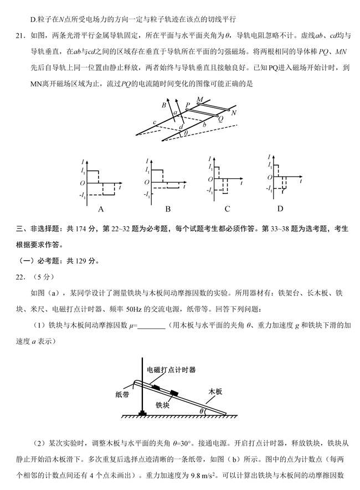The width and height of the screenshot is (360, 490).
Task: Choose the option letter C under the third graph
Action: coord(228,209)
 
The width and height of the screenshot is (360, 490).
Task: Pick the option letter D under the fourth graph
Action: coord(280,208)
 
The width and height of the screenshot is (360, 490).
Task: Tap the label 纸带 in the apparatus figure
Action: coord(122,394)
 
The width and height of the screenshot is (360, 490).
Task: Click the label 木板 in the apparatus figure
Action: coord(215,391)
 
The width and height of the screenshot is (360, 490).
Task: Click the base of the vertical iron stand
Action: coord(142,412)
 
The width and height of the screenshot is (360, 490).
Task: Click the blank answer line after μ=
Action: coord(151,327)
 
